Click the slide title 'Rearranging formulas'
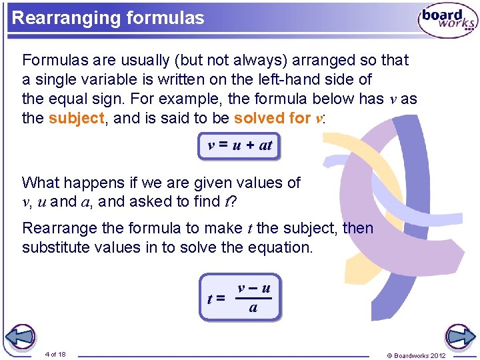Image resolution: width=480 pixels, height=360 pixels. coord(108,18)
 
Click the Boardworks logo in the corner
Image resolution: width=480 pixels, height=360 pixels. coord(447,20)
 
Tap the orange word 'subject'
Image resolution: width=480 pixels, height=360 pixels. coord(77,119)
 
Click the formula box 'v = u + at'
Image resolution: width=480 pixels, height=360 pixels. coord(239,145)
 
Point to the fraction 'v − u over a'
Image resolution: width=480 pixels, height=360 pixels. coord(253,297)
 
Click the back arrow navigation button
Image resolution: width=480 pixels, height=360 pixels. coord(21,337)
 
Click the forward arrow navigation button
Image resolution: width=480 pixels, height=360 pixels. coord(459,337)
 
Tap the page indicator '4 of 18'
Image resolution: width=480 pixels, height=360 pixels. coord(55,354)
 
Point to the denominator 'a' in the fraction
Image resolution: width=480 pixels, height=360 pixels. coord(253,308)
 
